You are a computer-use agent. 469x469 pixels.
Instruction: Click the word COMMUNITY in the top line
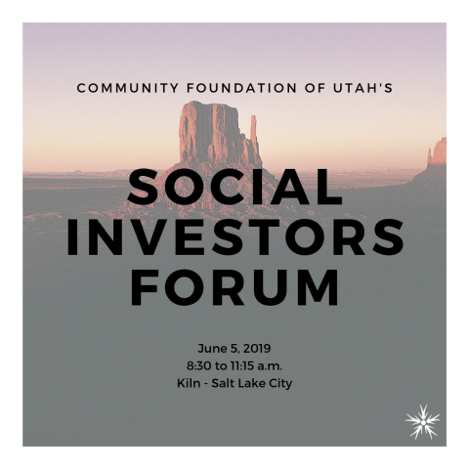(128, 88)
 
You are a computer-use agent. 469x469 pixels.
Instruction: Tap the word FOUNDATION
(241, 88)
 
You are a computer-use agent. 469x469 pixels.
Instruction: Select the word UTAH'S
(363, 88)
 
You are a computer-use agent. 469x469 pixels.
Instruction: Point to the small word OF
(315, 88)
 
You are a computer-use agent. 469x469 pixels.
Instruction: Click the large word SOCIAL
(234, 188)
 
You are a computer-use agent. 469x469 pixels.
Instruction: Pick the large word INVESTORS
(234, 237)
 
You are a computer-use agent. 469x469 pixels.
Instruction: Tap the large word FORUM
(234, 287)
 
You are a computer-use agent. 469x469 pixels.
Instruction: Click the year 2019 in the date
(257, 349)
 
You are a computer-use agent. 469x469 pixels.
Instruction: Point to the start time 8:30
(199, 366)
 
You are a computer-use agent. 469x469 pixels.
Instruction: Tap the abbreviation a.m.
(270, 366)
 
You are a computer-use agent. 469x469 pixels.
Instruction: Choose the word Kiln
(189, 383)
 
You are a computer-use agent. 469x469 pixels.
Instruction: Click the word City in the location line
(280, 384)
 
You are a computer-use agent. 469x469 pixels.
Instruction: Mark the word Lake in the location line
(252, 383)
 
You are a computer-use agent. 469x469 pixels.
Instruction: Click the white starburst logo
(422, 422)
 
